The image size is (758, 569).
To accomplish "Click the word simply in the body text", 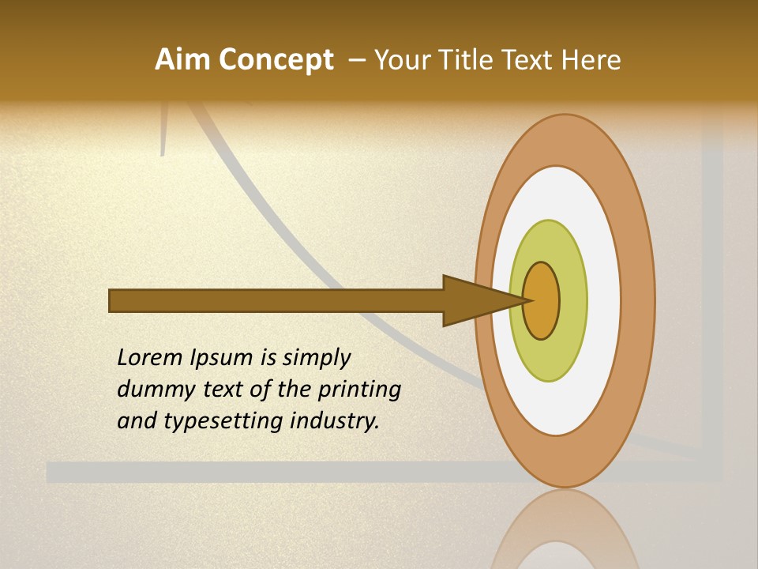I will (317, 358).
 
